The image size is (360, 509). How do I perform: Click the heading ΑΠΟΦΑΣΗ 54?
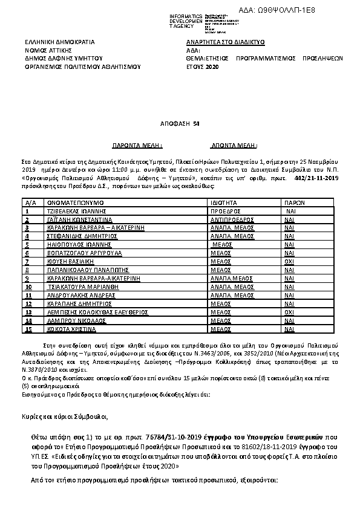180,123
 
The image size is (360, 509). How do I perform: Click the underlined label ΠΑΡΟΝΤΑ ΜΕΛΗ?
138,146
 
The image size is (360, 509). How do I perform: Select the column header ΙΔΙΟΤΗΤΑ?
224,202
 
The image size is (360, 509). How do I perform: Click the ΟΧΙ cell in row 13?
290,312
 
